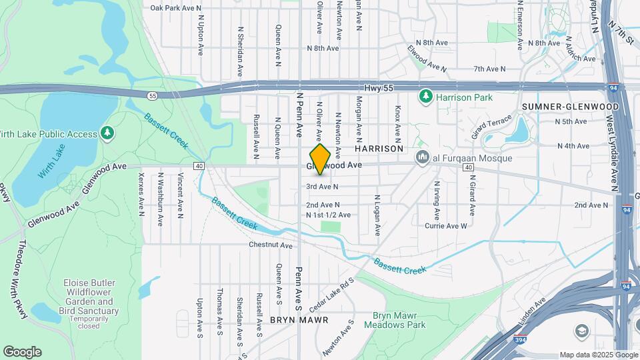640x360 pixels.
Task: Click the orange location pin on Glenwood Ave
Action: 320,159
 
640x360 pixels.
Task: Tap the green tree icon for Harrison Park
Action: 425,97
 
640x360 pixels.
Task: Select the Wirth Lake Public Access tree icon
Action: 107,134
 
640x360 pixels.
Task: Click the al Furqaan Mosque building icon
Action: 421,158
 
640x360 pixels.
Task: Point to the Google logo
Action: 21,351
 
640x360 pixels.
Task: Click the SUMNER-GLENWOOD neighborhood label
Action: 571,107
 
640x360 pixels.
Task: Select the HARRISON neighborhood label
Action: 383,149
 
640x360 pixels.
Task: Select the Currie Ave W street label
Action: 446,226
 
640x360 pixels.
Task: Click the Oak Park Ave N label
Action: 176,8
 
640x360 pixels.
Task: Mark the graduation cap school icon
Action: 582,331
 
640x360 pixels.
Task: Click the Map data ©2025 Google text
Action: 598,355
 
